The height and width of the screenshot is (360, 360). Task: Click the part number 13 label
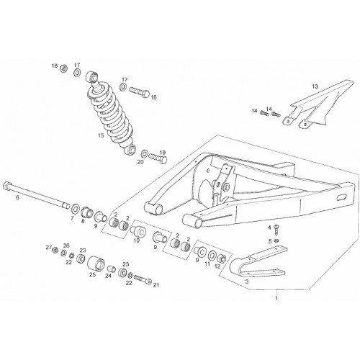tap(315, 86)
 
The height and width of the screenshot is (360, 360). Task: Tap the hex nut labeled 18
tap(63, 68)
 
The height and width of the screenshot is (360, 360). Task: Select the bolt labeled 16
tap(139, 92)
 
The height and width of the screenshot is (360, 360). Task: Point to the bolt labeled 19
tap(158, 158)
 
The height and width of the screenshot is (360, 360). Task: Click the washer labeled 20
tap(145, 153)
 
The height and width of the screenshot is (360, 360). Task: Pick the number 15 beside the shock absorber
tap(101, 135)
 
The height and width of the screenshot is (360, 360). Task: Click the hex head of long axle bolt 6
tap(6, 186)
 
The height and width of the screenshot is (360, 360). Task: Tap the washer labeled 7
tap(76, 208)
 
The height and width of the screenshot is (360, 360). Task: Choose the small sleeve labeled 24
tap(111, 269)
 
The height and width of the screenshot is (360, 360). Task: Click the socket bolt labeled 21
tap(143, 279)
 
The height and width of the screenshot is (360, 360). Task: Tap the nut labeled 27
tap(55, 250)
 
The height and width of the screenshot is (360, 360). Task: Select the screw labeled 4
tap(276, 230)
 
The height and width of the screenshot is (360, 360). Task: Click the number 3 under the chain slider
tap(247, 282)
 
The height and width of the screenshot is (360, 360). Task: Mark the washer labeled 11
tap(212, 255)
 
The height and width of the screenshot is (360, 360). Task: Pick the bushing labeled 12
tap(222, 258)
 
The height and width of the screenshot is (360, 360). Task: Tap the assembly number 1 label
tap(276, 298)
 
